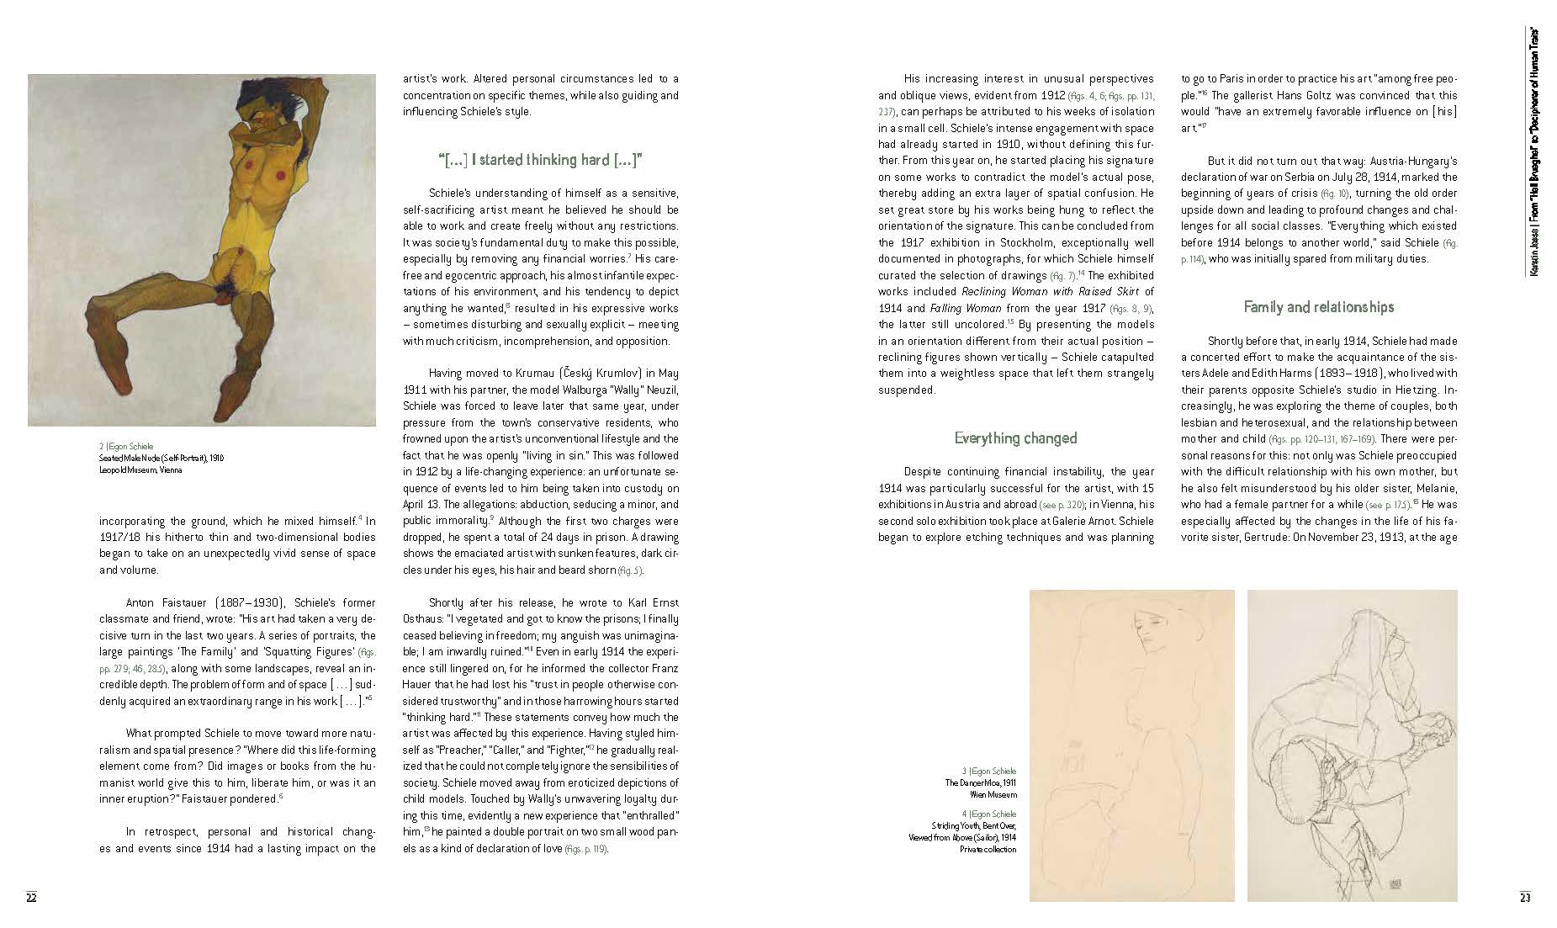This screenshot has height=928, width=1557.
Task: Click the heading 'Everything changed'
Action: pyautogui.click(x=1015, y=438)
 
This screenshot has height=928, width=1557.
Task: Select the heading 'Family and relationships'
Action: pyautogui.click(x=1318, y=307)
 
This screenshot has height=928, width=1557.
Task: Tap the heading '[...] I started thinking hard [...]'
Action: pyautogui.click(x=540, y=160)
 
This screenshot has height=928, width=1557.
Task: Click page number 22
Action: pyautogui.click(x=31, y=897)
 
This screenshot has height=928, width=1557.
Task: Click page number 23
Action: pyautogui.click(x=1524, y=897)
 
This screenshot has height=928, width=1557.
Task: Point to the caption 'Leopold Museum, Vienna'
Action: pyautogui.click(x=140, y=470)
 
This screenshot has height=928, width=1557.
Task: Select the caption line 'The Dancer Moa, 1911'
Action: pyautogui.click(x=980, y=783)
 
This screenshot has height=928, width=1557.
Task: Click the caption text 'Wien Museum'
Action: pyautogui.click(x=993, y=794)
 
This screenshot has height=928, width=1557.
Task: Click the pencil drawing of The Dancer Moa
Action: pyautogui.click(x=1131, y=745)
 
